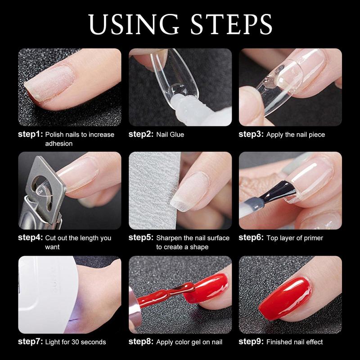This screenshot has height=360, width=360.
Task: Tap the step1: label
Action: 30,134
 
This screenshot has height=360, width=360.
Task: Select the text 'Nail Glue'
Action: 170,135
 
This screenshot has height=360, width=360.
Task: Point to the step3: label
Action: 251,134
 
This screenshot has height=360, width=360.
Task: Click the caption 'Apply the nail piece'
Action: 295,135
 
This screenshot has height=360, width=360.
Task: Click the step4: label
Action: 30,238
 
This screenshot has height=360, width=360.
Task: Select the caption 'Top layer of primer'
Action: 295,238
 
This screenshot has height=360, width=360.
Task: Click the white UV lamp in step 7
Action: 45,292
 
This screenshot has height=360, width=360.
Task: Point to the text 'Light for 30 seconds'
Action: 76,342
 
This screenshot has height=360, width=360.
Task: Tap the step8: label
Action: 140,342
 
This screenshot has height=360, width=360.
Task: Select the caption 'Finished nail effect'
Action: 295,342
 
